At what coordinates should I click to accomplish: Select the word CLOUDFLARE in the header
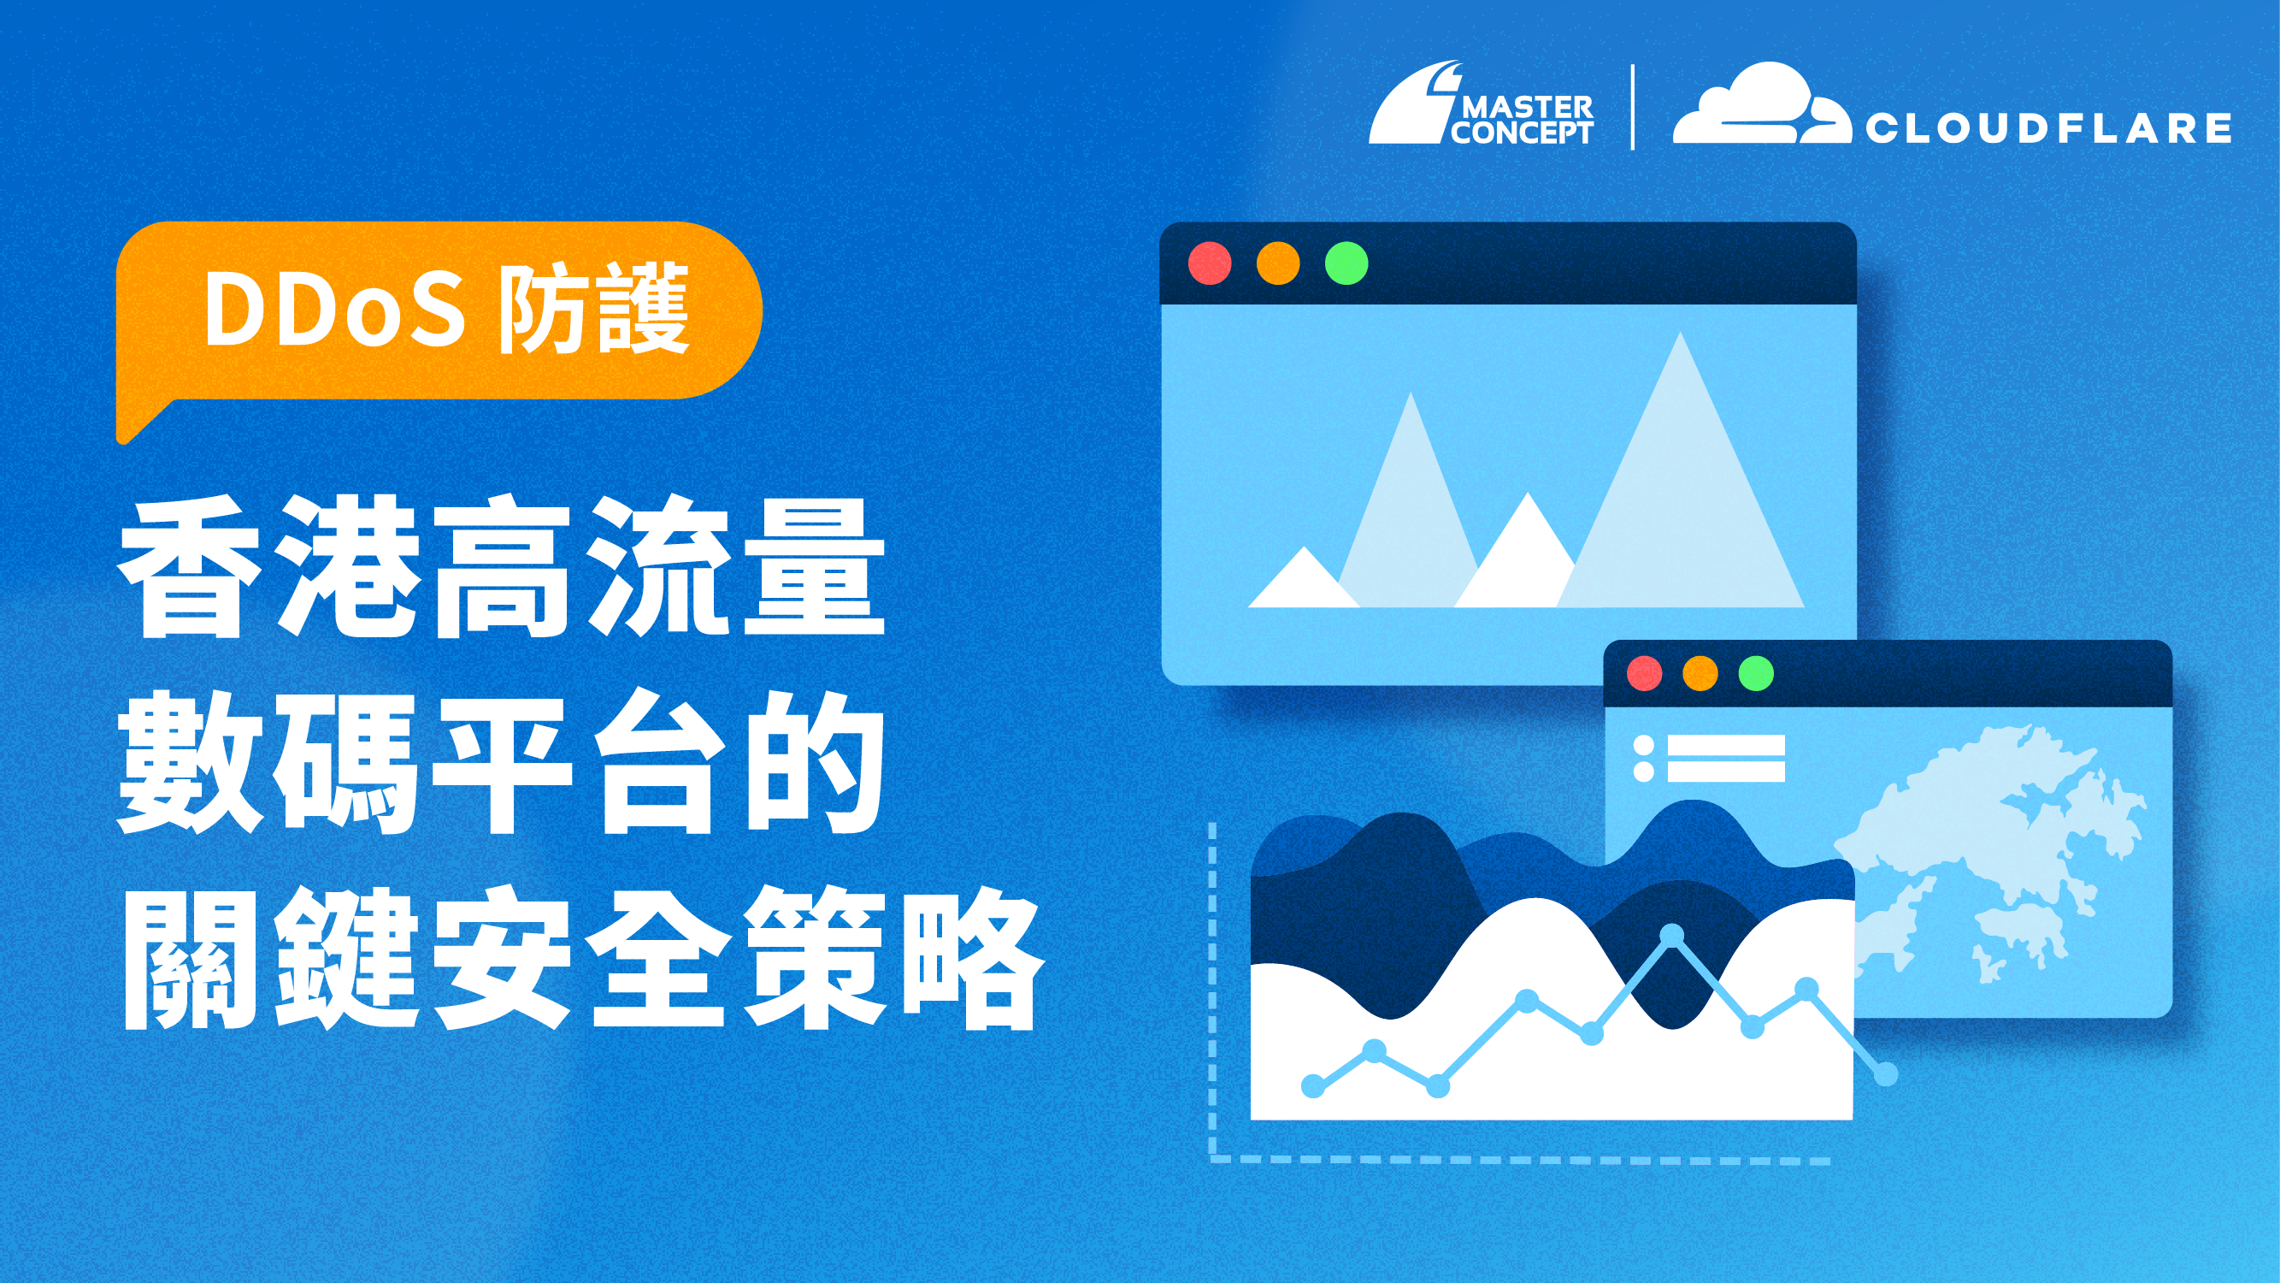click(x=2048, y=128)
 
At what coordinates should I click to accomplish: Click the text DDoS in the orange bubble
click(x=334, y=309)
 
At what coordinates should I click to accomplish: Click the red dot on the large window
click(x=1209, y=263)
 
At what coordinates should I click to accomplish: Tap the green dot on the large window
click(x=1346, y=263)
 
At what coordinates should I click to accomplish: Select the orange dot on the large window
click(x=1278, y=263)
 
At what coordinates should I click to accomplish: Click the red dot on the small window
click(x=1645, y=673)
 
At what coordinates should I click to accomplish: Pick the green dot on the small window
click(x=1756, y=673)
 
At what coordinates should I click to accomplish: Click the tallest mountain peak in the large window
click(x=1680, y=334)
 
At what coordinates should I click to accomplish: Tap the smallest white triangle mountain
click(x=1303, y=577)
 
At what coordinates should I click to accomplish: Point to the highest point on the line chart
click(x=1672, y=934)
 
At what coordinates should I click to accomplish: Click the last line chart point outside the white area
click(x=1886, y=1074)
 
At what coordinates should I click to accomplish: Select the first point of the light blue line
click(x=1313, y=1085)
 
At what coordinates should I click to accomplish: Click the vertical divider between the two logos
click(x=1633, y=107)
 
